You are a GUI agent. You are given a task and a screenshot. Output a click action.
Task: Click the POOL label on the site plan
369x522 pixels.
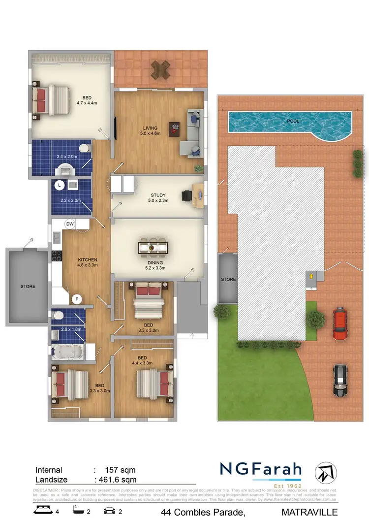point(293,121)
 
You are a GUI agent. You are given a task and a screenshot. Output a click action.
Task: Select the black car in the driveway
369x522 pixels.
point(340,381)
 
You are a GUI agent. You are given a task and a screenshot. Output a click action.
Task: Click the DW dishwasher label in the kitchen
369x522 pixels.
point(70,224)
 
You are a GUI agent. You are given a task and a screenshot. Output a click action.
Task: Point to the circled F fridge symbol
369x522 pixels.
point(77,298)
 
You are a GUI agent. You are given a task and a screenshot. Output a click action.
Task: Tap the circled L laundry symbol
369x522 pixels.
point(59,185)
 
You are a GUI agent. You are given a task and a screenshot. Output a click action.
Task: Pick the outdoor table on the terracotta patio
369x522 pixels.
point(161,69)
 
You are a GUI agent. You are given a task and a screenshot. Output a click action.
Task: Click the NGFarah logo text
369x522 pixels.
point(260,469)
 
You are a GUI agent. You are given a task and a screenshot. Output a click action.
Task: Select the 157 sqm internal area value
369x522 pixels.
point(120,470)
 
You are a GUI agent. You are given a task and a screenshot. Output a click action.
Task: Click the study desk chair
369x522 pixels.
point(187,196)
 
